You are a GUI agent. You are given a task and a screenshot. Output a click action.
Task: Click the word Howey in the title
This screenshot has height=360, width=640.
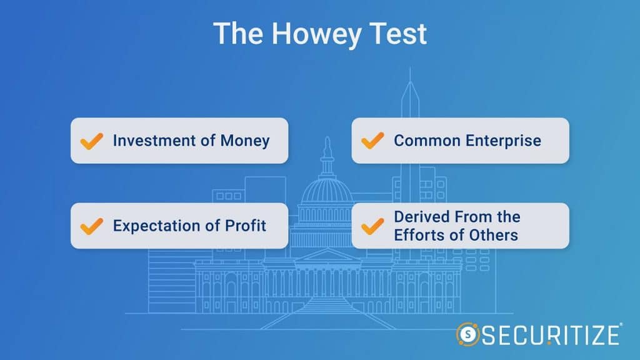point(317,34)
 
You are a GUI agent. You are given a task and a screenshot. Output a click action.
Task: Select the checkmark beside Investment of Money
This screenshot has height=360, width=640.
point(92,141)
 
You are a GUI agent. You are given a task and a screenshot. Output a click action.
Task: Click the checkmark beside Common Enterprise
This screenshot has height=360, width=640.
point(372,141)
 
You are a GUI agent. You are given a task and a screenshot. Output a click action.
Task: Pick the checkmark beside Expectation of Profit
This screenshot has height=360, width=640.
point(92,226)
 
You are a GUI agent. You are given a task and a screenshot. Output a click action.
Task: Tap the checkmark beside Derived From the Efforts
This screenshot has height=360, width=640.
point(372,226)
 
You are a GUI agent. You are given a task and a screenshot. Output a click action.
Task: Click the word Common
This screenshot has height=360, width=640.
point(427,141)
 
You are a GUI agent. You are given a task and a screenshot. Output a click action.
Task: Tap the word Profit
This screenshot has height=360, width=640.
point(246,225)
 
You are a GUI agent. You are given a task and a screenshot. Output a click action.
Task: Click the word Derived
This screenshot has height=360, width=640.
point(421,217)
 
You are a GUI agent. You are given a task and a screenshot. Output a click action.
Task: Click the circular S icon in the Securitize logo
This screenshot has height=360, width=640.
point(467,334)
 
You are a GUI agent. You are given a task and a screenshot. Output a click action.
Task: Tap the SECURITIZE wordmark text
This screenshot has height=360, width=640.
point(551,335)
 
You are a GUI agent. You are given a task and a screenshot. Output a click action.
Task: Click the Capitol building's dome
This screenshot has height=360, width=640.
point(327,189)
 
